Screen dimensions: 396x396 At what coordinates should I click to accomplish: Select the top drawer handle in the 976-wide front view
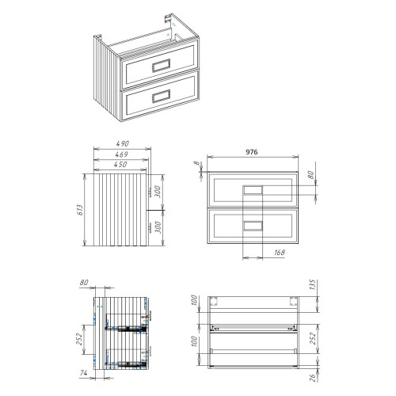(253, 190)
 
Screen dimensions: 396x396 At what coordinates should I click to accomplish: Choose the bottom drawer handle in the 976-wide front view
(253, 225)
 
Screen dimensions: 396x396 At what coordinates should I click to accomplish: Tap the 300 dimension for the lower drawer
(159, 227)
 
